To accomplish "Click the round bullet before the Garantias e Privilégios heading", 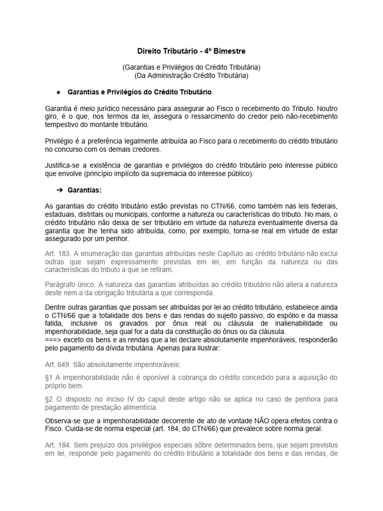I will (59, 93).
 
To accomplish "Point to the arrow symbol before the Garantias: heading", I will (58, 190).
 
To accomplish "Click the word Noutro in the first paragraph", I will (328, 108).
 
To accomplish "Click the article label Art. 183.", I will (57, 255).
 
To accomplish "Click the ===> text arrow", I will (53, 339).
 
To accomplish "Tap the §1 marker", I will (49, 378).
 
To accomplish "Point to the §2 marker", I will (49, 399).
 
